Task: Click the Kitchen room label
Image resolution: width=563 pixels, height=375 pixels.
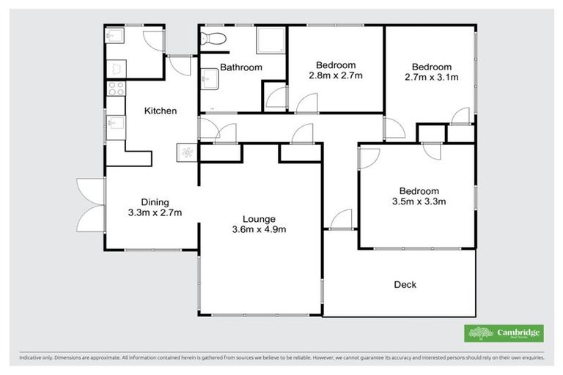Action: click(x=160, y=111)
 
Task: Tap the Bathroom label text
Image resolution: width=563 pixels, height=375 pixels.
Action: click(x=241, y=67)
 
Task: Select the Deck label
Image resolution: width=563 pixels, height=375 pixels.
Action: click(x=405, y=284)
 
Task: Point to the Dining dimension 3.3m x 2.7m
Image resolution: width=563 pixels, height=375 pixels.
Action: click(x=155, y=213)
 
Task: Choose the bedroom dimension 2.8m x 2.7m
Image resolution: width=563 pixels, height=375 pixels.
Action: click(x=336, y=75)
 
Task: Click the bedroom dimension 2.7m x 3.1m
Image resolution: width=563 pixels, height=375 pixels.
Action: click(x=432, y=75)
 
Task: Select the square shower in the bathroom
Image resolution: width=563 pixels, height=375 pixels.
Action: click(x=267, y=41)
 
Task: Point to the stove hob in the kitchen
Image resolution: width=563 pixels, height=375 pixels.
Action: click(x=115, y=89)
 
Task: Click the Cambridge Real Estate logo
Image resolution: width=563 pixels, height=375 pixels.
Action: click(x=504, y=333)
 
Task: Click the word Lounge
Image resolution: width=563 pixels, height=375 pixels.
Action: click(x=260, y=218)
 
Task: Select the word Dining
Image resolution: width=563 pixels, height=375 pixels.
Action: click(x=155, y=202)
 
